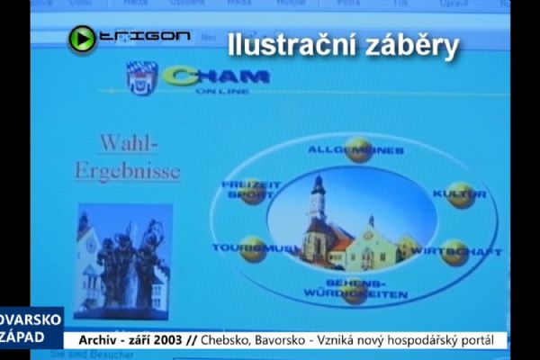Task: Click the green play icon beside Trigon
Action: click(82, 38)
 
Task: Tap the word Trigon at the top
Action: click(144, 36)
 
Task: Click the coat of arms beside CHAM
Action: click(141, 78)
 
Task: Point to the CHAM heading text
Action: click(216, 77)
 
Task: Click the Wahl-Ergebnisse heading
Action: click(127, 157)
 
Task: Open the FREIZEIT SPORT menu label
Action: click(251, 189)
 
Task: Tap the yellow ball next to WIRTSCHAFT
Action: click(454, 252)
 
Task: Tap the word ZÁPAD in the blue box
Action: click(24, 336)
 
